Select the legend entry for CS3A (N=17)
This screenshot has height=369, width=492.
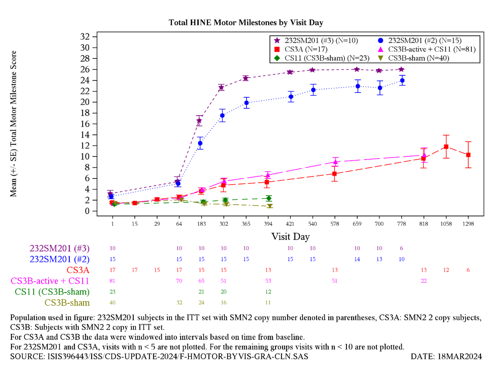point(300,49)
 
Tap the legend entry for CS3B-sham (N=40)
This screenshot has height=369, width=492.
point(414,58)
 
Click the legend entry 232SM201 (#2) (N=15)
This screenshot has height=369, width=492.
point(419,40)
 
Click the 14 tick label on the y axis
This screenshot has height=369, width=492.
point(85,135)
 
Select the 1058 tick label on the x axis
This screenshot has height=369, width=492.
point(446,223)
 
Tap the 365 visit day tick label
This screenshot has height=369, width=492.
point(246,223)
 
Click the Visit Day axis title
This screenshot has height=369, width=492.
point(290,237)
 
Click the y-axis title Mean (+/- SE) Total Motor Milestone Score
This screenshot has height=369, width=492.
point(14,124)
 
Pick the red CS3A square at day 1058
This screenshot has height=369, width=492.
point(446,147)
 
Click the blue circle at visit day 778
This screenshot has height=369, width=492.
point(402,81)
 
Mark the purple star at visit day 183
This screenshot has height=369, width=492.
point(199,121)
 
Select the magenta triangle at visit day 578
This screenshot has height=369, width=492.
point(335,162)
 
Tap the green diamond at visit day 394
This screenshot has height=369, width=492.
point(269,198)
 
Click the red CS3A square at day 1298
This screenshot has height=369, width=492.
point(468,155)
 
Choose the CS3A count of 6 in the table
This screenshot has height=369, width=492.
point(468,270)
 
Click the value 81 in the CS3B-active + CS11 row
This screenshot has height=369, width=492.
point(112,280)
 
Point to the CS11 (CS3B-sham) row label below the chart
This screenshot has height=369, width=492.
point(52,292)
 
